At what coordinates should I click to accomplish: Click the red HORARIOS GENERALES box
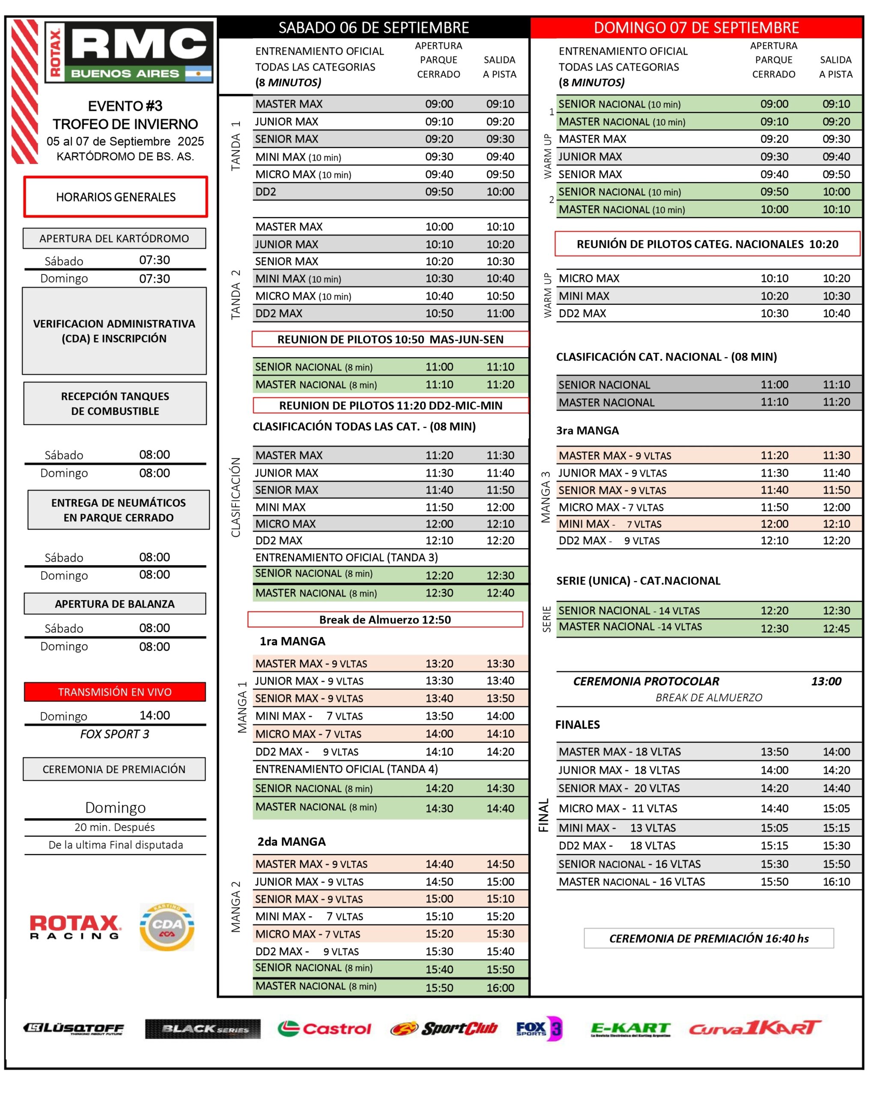(116, 197)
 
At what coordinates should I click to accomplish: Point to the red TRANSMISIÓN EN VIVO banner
(115, 691)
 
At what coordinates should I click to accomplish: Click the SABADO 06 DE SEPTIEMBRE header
(374, 27)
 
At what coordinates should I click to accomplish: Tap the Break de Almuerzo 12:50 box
(385, 619)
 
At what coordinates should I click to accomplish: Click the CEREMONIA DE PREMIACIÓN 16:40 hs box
(709, 938)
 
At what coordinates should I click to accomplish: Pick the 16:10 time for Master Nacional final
(836, 882)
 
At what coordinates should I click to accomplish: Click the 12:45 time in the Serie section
(836, 628)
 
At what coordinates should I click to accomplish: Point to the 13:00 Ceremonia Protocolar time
(826, 681)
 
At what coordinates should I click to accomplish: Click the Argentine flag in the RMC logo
(198, 74)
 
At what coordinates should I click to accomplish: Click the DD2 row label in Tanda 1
(265, 192)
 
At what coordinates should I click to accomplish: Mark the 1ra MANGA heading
(292, 641)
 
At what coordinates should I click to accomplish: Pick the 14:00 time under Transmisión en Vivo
(155, 715)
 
